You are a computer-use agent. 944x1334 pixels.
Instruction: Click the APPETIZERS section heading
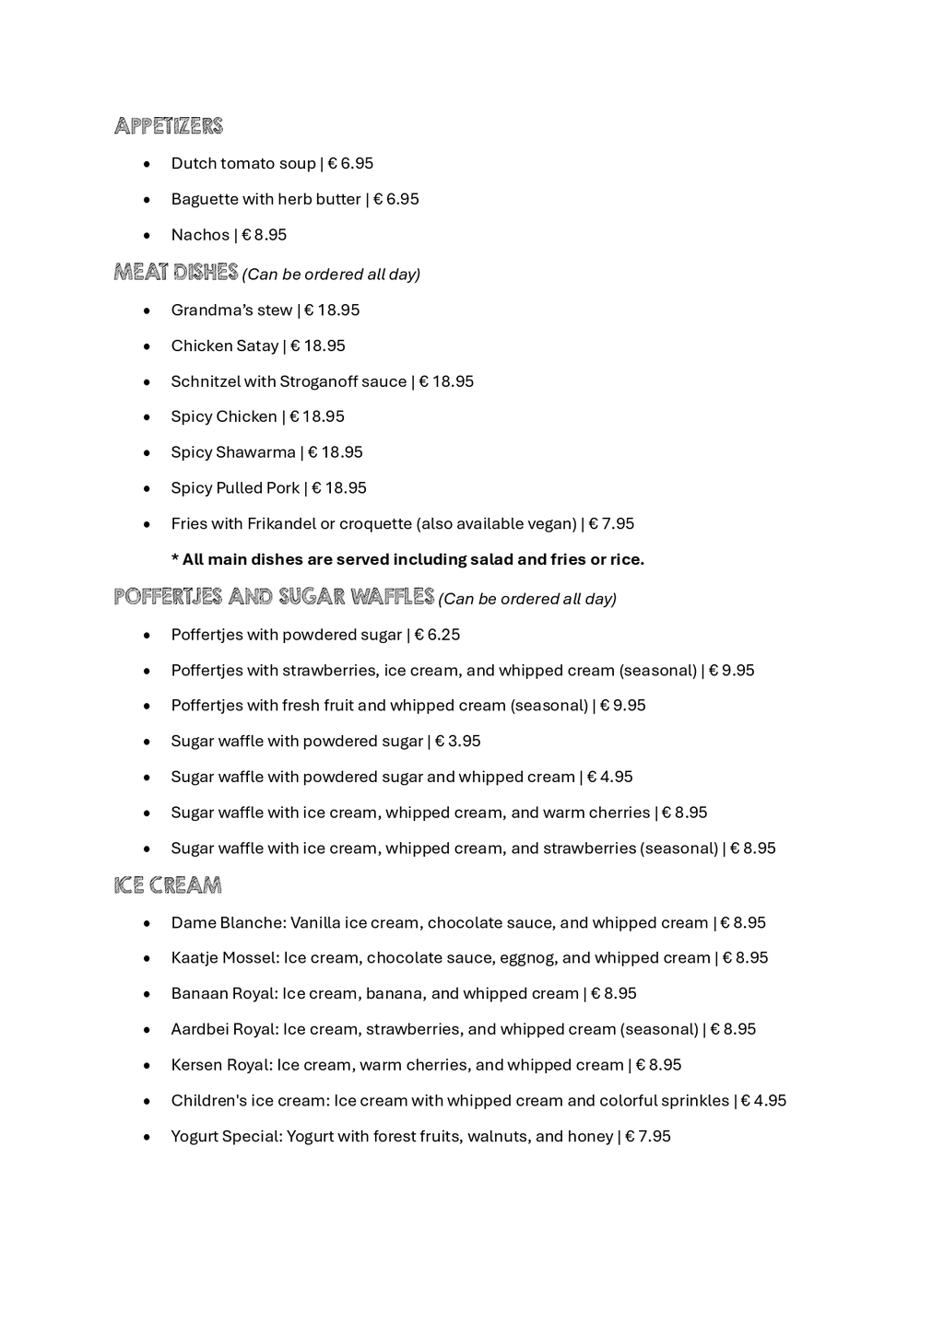coord(169,126)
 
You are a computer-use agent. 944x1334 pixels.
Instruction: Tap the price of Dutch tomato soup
coord(350,164)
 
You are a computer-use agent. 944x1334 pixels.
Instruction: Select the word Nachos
coord(200,235)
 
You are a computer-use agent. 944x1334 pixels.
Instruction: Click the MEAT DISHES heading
coord(176,273)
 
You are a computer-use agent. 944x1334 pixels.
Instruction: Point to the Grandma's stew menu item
coord(231,310)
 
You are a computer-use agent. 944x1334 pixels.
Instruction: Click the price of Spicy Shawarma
coord(336,452)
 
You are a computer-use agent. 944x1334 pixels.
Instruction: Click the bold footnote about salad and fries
coord(407,560)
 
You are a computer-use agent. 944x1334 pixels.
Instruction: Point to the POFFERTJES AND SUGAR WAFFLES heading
coord(274,597)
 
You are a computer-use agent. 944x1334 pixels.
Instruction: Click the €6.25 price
coord(437,635)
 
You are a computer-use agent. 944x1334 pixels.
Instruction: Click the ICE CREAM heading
coord(168,885)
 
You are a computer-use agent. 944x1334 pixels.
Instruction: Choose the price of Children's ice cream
coord(763,1101)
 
